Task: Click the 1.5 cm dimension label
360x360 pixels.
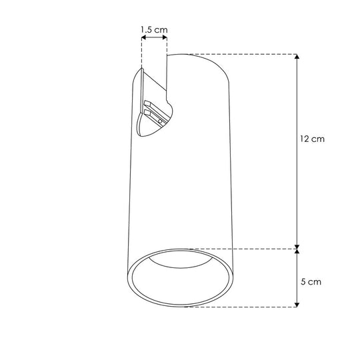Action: tap(154, 29)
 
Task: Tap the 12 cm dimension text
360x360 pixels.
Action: tap(312, 139)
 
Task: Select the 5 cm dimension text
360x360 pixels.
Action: tap(311, 282)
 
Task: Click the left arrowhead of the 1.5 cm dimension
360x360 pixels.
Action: tap(144, 37)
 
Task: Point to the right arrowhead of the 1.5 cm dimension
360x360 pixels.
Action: tap(165, 37)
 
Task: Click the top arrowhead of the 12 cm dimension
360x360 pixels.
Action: tap(297, 57)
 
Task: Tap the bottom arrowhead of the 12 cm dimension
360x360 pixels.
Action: tap(297, 247)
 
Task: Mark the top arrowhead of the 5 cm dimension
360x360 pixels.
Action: tap(297, 251)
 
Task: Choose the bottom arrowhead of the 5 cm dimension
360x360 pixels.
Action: tap(297, 305)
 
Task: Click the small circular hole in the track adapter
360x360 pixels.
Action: tap(160, 121)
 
